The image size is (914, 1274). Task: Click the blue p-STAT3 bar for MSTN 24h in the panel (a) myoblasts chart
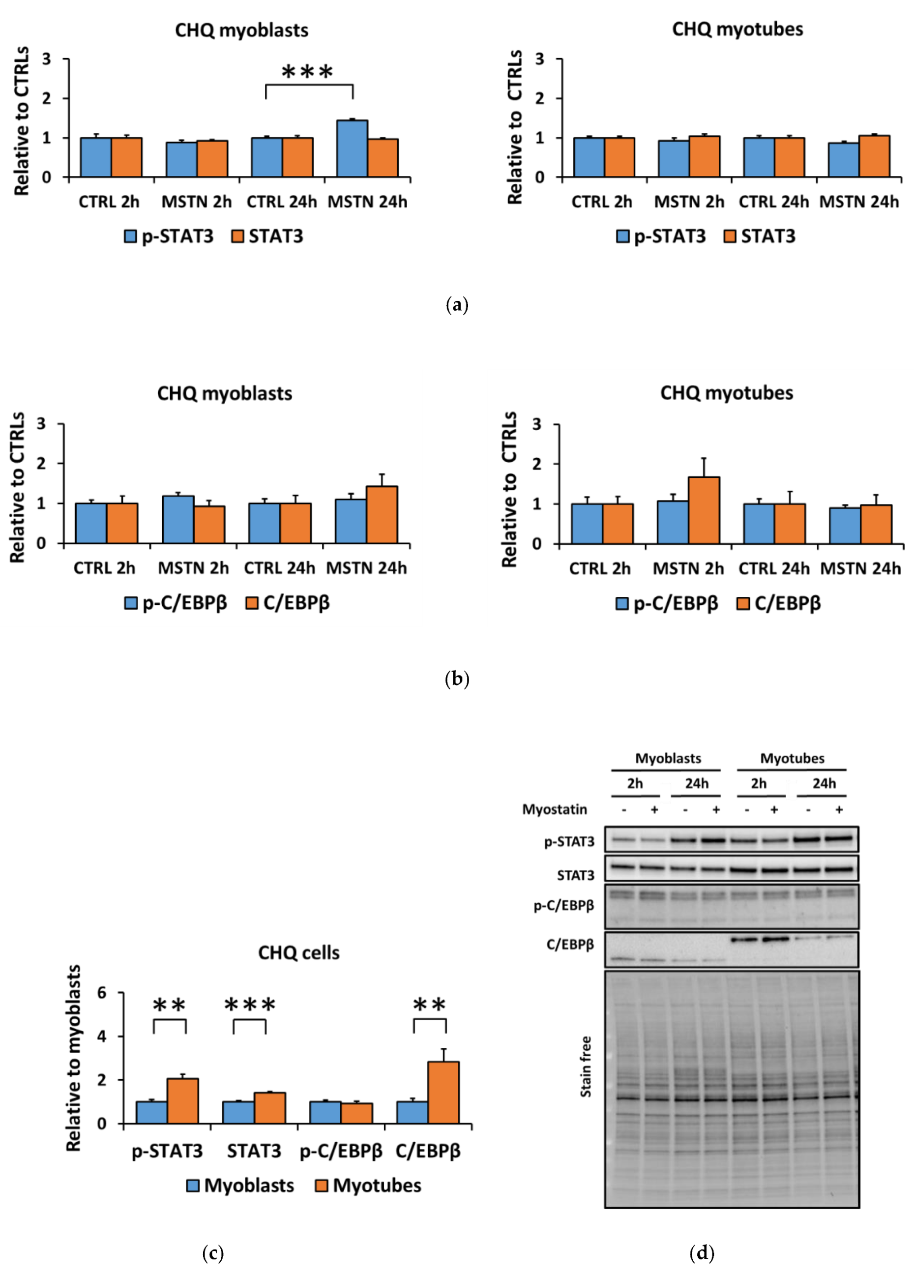[x=352, y=149]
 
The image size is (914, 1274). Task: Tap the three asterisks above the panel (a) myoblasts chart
[x=307, y=72]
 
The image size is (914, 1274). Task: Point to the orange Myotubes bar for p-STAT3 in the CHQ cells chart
[x=182, y=1100]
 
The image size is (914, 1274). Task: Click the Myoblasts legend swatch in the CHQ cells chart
[x=193, y=1185]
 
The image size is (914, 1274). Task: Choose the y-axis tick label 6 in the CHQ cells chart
[x=102, y=993]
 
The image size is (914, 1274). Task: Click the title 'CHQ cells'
[x=298, y=953]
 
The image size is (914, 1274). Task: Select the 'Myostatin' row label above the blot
[x=554, y=809]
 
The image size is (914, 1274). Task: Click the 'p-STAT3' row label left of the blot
[x=568, y=841]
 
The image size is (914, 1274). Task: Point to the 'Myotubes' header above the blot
[x=792, y=758]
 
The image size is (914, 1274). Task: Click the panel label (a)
[x=456, y=305]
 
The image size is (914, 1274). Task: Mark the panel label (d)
[x=702, y=1253]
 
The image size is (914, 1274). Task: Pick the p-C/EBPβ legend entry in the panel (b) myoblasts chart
[x=176, y=603]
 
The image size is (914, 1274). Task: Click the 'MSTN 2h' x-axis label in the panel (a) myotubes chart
[x=689, y=202]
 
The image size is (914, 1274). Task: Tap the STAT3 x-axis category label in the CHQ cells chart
[x=254, y=1151]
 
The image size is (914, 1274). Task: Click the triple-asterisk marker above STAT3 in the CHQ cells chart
[x=250, y=1005]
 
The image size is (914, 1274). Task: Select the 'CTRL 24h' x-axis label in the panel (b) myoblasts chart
[x=279, y=568]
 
